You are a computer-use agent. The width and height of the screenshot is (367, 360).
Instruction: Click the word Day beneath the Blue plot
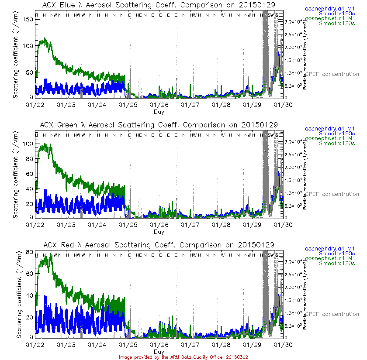159,112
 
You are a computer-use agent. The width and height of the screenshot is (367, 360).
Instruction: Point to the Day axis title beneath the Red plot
159,351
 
